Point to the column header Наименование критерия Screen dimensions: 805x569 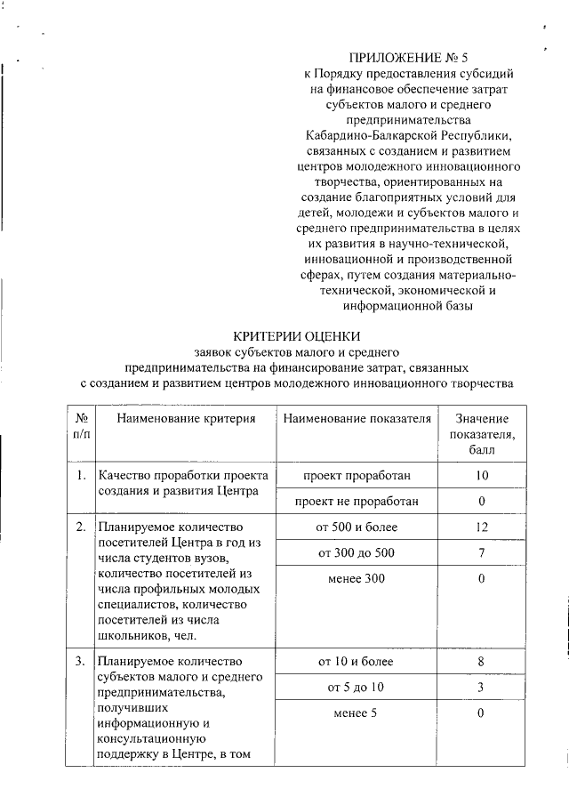185,418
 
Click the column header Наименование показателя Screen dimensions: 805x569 357,418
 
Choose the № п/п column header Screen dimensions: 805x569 81,425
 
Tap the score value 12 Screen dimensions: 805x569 482,527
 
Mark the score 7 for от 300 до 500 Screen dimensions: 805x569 482,553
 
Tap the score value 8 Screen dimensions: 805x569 482,662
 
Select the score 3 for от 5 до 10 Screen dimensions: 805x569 482,688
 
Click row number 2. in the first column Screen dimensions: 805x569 80,527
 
